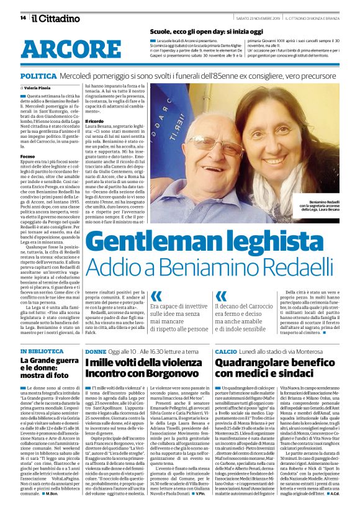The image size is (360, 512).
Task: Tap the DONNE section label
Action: [x=96, y=351]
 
